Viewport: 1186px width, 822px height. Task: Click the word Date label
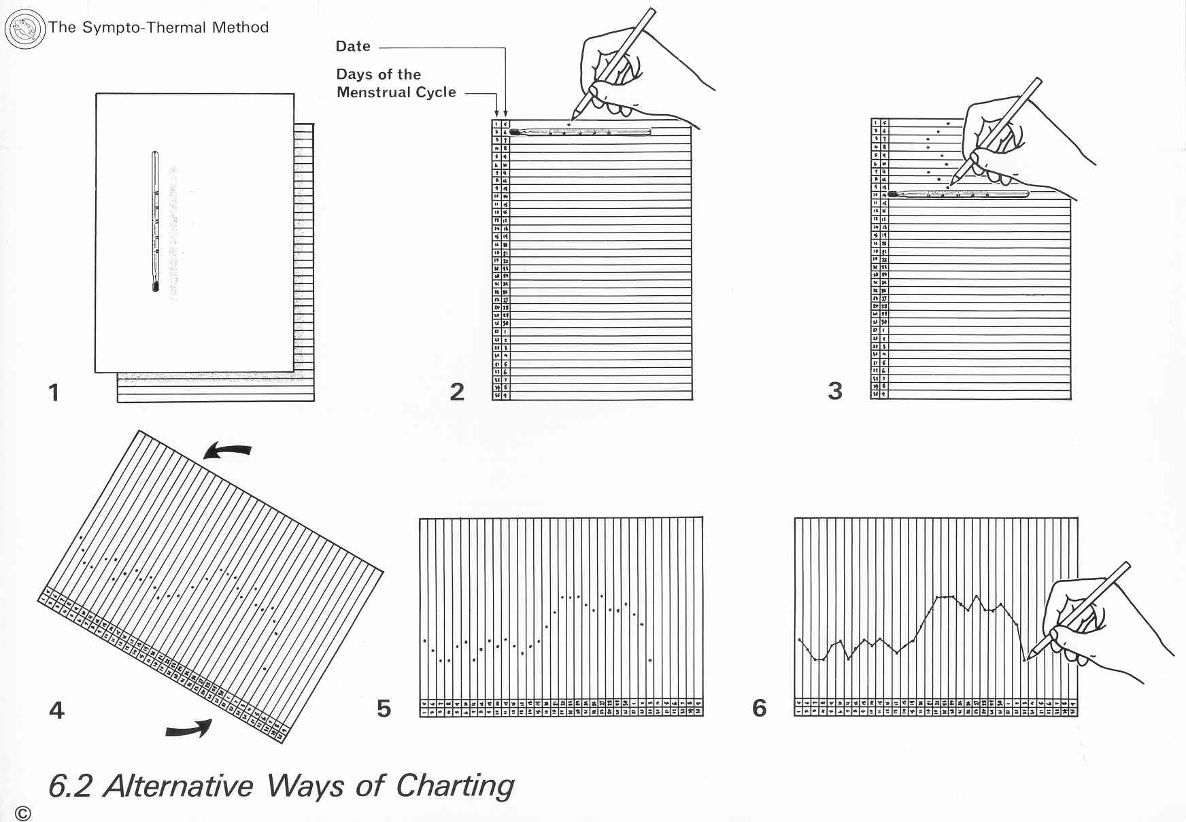click(x=353, y=46)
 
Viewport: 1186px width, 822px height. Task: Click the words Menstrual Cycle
click(x=396, y=92)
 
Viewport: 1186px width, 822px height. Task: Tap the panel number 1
click(x=54, y=392)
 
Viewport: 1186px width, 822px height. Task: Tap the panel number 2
click(x=457, y=392)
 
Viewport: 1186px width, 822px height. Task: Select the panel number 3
click(x=835, y=391)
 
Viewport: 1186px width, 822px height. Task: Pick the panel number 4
click(x=56, y=710)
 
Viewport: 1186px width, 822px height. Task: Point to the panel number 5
click(x=384, y=708)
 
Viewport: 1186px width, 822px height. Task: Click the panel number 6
click(x=760, y=708)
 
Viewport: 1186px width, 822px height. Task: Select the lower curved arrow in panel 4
click(x=189, y=729)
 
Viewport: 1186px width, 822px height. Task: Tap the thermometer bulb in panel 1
click(x=156, y=287)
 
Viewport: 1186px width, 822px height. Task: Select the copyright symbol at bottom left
click(x=22, y=813)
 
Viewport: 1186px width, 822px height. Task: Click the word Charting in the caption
click(x=455, y=786)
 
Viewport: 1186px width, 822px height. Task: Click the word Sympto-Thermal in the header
click(x=144, y=28)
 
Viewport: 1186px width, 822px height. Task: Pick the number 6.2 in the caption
click(x=70, y=787)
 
